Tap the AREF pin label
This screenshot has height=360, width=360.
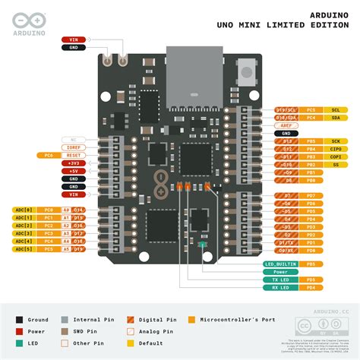click(286, 125)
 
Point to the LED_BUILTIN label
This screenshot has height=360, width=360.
click(281, 264)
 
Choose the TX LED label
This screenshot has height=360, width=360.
click(279, 279)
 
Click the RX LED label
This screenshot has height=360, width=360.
click(279, 288)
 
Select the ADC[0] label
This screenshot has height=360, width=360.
click(24, 209)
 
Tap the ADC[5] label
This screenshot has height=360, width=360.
click(24, 249)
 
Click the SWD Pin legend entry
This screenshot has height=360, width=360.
click(86, 331)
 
